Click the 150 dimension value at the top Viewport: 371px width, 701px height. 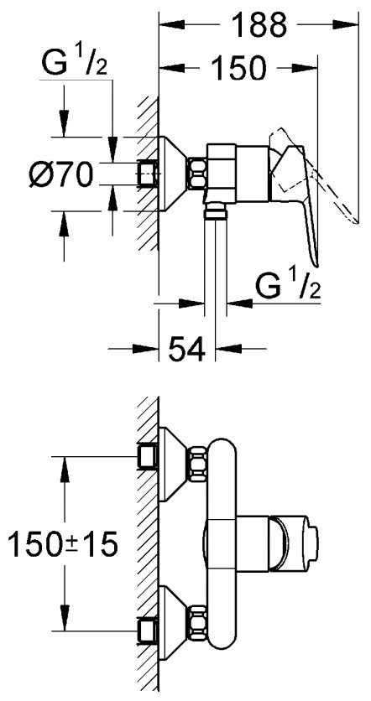pyautogui.click(x=238, y=68)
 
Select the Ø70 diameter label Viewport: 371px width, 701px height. pyautogui.click(x=61, y=174)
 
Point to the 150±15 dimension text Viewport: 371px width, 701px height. pyautogui.click(x=63, y=543)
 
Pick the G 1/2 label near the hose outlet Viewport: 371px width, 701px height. pyautogui.click(x=288, y=285)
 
